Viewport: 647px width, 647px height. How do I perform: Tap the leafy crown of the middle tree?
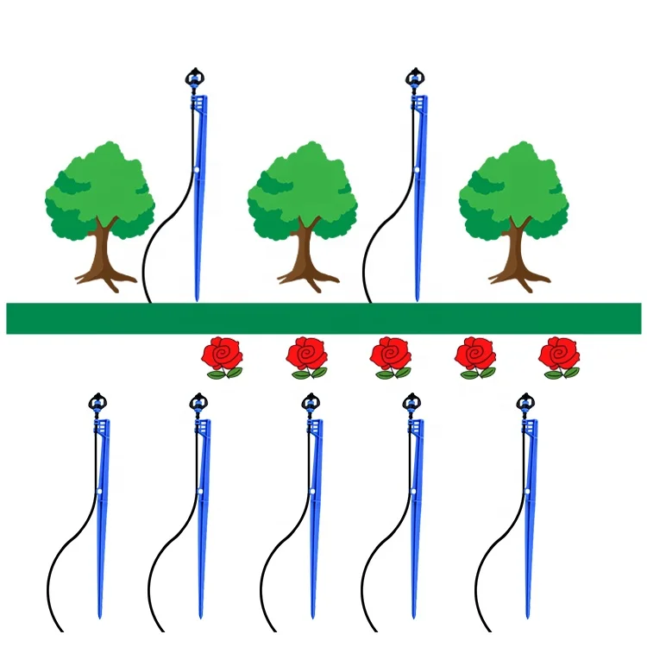coord(302,190)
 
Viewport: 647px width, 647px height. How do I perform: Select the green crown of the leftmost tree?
coord(99,190)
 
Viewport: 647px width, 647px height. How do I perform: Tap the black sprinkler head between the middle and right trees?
coord(415,78)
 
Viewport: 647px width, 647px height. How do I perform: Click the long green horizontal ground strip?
coord(323,318)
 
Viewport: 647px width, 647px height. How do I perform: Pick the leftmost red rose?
coord(223,355)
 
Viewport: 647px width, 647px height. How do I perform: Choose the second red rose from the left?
coord(308,355)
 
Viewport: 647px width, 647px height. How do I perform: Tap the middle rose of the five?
coord(392,355)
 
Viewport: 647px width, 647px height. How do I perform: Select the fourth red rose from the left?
coord(476,355)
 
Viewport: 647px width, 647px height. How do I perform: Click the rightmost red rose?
coord(560,355)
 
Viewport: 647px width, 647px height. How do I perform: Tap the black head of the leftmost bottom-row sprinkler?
coord(97,402)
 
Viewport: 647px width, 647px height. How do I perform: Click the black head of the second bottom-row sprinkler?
coord(199,402)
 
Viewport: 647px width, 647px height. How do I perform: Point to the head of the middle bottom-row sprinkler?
coord(311,402)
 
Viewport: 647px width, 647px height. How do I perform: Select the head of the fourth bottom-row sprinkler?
coord(412,402)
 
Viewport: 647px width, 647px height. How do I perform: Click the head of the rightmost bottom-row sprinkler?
coord(525,402)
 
